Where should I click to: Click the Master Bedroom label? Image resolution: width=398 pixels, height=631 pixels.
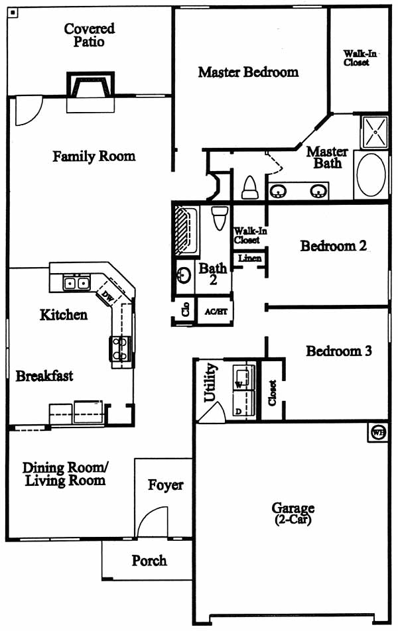(x=248, y=72)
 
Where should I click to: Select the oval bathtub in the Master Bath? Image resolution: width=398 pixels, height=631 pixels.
(x=371, y=175)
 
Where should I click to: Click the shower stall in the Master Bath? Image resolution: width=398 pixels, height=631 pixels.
(x=375, y=132)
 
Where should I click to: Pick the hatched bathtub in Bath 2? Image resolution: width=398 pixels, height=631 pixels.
(x=186, y=231)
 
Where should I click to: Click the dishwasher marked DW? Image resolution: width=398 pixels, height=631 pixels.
(x=108, y=296)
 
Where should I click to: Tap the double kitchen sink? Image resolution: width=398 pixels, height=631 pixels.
(x=76, y=283)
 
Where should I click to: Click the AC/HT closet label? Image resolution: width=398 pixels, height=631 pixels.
(x=216, y=312)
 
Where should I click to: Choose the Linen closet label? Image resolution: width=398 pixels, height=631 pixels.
(x=250, y=258)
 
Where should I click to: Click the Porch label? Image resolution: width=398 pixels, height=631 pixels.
(x=149, y=560)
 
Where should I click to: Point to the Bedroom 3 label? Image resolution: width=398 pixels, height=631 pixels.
(x=339, y=351)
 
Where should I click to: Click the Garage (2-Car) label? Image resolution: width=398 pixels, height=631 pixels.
(x=293, y=513)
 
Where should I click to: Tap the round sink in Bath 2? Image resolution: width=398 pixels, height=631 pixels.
(x=184, y=275)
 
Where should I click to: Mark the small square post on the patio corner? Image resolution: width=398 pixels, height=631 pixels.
(x=13, y=13)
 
